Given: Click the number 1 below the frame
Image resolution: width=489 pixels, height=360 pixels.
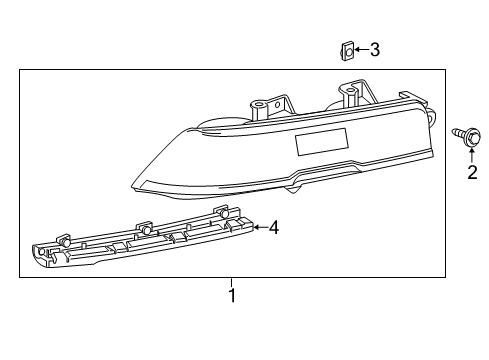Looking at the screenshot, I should (232, 296).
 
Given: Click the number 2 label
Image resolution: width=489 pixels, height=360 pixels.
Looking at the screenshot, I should (472, 173).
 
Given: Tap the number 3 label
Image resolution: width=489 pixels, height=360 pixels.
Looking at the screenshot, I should (374, 49).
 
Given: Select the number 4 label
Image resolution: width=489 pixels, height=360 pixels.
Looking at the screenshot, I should (274, 227).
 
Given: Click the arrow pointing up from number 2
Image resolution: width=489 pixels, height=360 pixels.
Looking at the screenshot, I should (472, 152).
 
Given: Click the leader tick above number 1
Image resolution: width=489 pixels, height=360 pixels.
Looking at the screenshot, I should (232, 282).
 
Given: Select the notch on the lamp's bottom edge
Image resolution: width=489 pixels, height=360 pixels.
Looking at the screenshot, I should (297, 182).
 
